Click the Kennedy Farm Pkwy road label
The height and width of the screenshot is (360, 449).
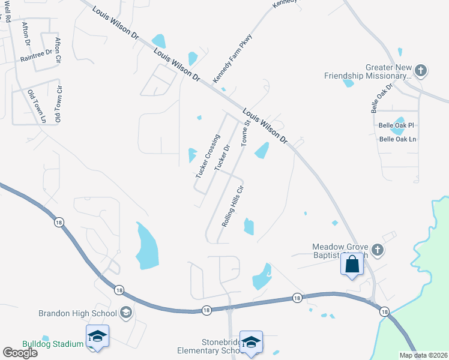pos(233,59)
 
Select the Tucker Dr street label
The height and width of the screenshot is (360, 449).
pos(223,157)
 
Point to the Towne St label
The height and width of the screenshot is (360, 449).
pos(245,133)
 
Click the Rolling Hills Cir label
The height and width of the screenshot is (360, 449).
pos(233,205)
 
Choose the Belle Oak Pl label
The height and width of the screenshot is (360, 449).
pos(397,125)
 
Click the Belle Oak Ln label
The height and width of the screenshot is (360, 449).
pos(397,139)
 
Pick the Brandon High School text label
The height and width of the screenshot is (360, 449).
pos(77,313)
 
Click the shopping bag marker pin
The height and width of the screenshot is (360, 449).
pos(352,264)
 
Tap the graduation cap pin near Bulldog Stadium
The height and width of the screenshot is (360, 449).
pos(97,337)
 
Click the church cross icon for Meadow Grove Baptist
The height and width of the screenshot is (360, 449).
pos(377,249)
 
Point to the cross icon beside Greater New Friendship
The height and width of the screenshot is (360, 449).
pos(421,71)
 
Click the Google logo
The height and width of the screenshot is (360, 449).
pos(20,353)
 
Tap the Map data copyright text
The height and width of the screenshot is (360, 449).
pos(424,355)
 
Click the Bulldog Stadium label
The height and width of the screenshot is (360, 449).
pos(53,344)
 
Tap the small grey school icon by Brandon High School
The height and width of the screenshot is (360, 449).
pos(126,312)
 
